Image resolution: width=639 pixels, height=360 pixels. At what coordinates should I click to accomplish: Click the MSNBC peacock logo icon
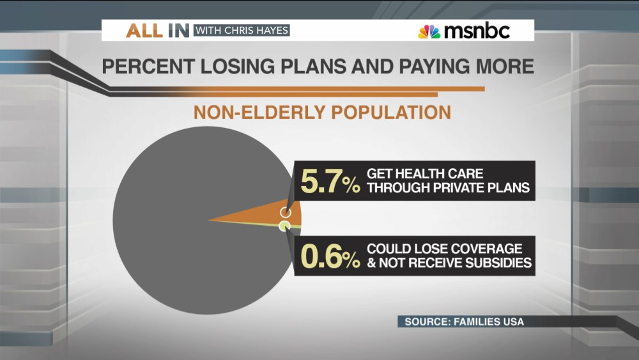click(x=429, y=31)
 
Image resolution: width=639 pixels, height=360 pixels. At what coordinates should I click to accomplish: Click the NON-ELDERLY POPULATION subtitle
click(x=322, y=113)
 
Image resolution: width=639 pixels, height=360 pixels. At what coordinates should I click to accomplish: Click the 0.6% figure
click(x=329, y=256)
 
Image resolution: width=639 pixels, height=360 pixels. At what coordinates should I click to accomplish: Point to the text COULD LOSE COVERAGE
click(x=444, y=248)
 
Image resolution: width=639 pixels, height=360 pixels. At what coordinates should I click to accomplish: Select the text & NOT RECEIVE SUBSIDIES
click(x=449, y=262)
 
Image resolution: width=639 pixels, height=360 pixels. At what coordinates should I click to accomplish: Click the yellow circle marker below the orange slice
click(x=284, y=226)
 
